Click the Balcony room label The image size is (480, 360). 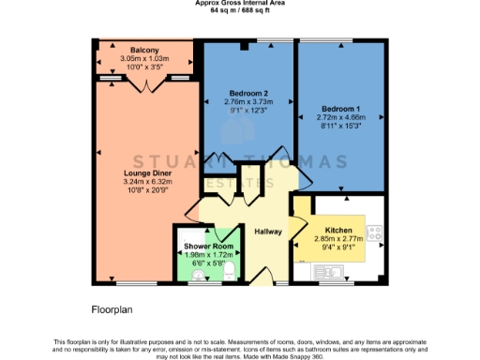click(x=144, y=50)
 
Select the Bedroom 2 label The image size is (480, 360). click(x=247, y=94)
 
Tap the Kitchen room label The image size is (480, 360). click(x=337, y=230)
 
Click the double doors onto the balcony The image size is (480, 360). click(x=144, y=84)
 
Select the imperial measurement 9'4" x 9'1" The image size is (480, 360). click(x=337, y=248)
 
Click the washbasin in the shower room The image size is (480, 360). click(x=184, y=271)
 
